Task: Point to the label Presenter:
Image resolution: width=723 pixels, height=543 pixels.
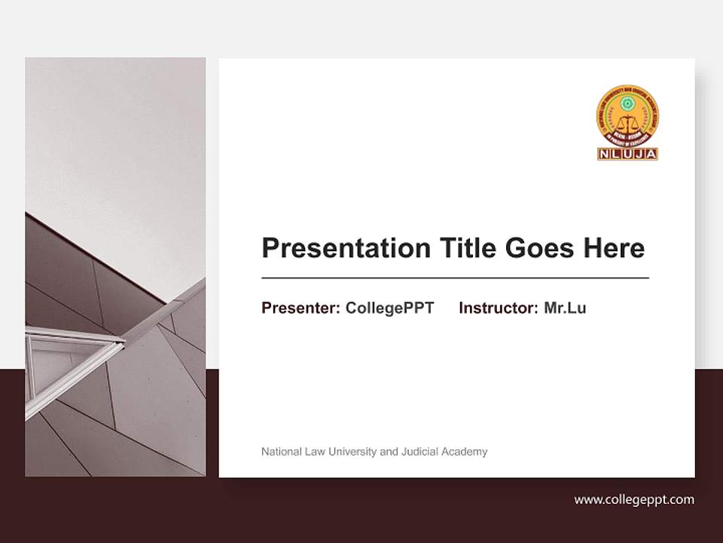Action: [300, 308]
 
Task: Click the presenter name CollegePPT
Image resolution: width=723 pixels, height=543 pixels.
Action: [389, 308]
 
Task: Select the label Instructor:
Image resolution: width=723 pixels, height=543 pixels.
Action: [499, 308]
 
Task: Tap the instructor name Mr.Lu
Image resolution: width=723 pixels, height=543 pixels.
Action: [565, 308]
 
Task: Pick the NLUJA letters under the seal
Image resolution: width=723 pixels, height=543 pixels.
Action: [628, 154]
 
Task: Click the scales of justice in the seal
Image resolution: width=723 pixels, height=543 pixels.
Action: [628, 125]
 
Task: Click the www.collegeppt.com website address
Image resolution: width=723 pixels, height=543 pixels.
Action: [634, 499]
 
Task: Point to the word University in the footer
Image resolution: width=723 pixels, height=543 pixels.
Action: [353, 452]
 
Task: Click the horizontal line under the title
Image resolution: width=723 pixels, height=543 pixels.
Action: [455, 278]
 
